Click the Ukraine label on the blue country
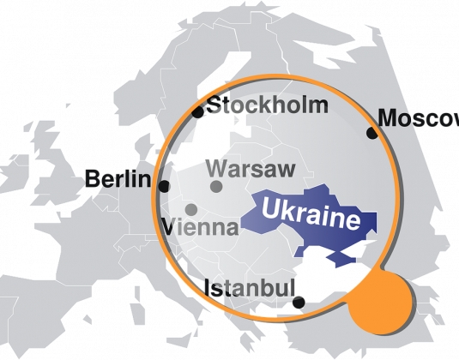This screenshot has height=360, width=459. pyautogui.click(x=310, y=213)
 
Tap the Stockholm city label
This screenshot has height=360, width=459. pyautogui.click(x=269, y=106)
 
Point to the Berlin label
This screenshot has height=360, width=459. pyautogui.click(x=118, y=180)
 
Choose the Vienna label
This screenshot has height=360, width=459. pyautogui.click(x=200, y=228)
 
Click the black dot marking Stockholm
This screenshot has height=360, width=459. pyautogui.click(x=198, y=112)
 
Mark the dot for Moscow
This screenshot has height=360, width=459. pyautogui.click(x=371, y=133)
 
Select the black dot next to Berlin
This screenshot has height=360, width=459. pyautogui.click(x=164, y=186)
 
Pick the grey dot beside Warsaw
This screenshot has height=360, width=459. pyautogui.click(x=216, y=186)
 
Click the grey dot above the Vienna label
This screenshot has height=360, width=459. pyautogui.click(x=191, y=209)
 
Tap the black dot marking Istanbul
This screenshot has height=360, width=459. pyautogui.click(x=298, y=302)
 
